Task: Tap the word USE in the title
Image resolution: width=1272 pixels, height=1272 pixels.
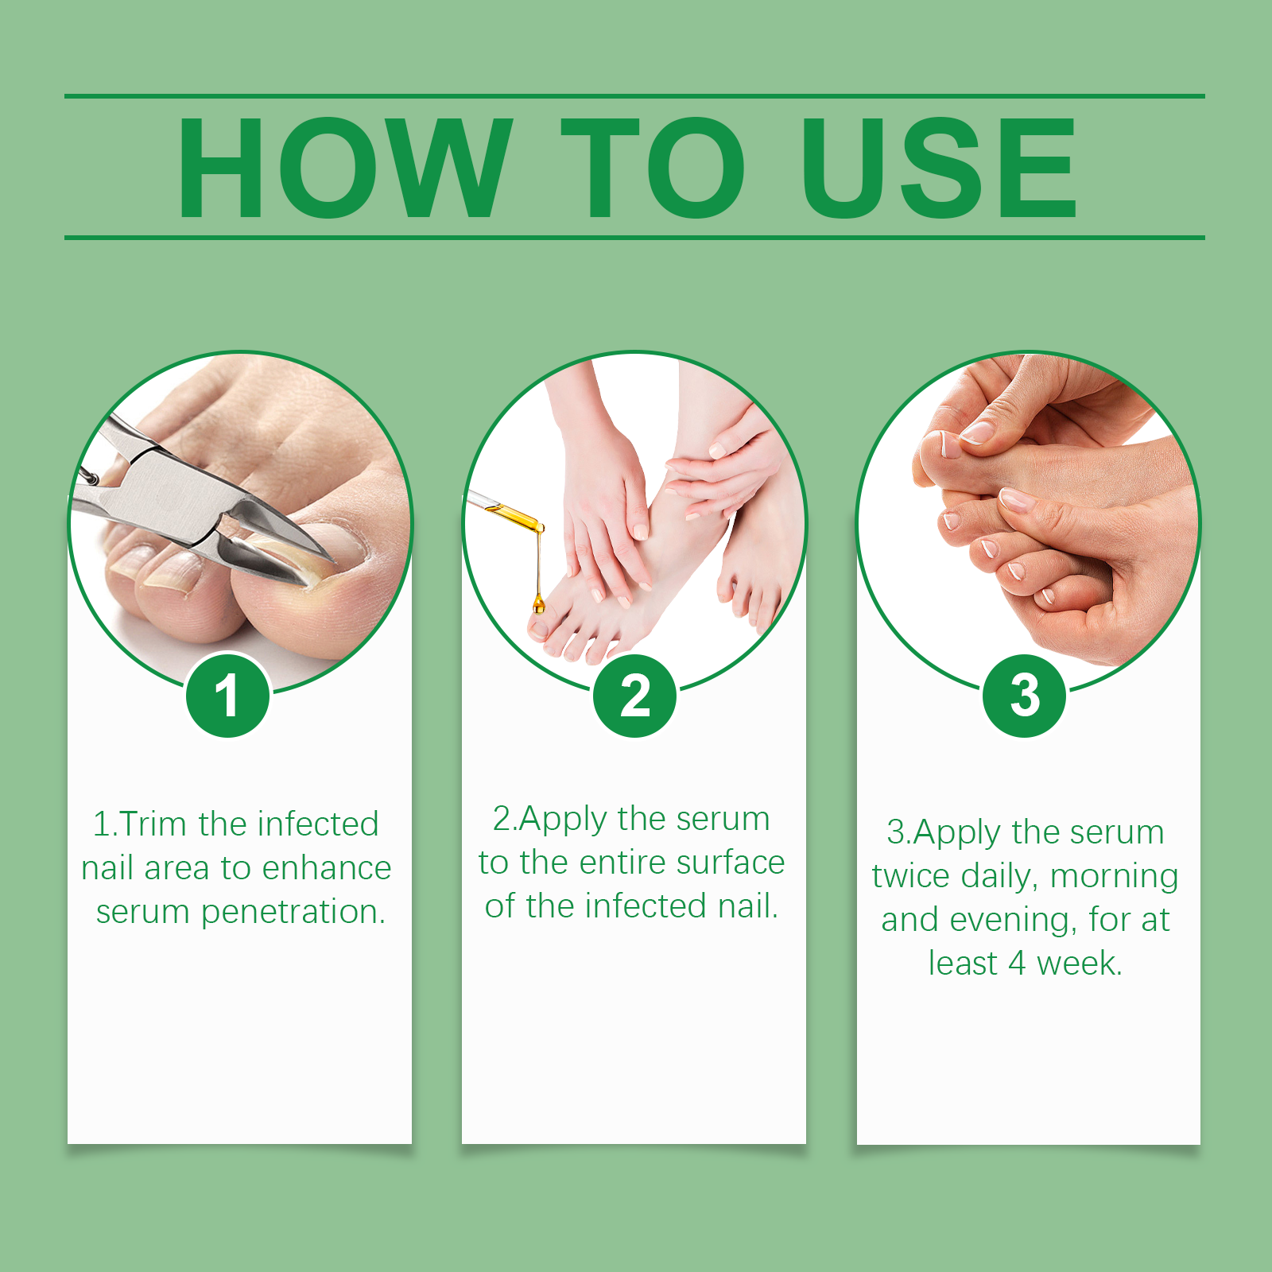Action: click(x=939, y=167)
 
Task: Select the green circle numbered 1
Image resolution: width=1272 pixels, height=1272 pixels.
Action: click(x=227, y=696)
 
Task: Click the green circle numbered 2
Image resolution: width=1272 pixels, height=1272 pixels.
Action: click(x=634, y=696)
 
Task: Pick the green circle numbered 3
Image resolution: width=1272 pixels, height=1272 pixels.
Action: click(x=1024, y=696)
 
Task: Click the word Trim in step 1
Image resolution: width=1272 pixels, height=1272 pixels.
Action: click(x=153, y=824)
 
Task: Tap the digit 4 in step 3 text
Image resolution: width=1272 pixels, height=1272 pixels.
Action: click(x=1017, y=964)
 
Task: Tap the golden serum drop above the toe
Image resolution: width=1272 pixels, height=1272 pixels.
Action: click(x=539, y=605)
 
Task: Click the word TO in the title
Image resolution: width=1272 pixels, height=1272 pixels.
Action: click(x=653, y=167)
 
